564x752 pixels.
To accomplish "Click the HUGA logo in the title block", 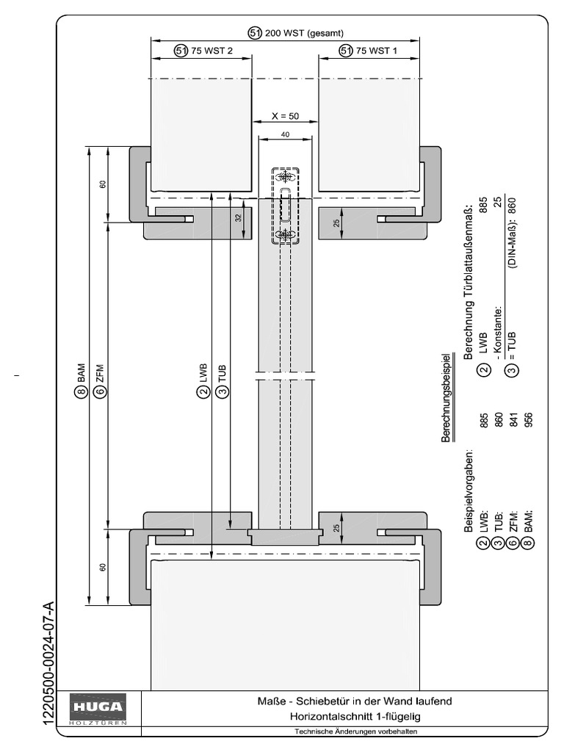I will [x=98, y=709].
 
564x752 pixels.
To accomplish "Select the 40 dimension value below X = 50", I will [x=285, y=134].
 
